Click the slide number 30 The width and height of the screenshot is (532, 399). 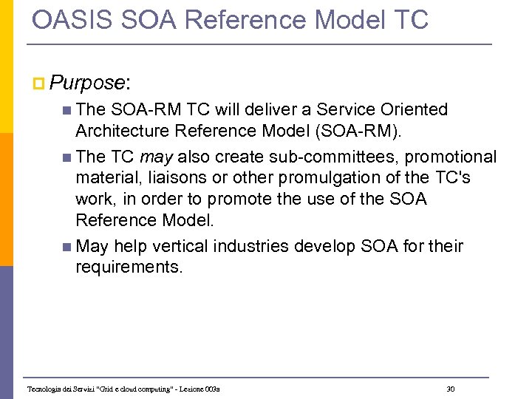[451, 389]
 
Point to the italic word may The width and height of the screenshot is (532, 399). [156, 157]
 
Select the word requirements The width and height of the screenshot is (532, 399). [128, 267]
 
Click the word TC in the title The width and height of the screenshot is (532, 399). [411, 20]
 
